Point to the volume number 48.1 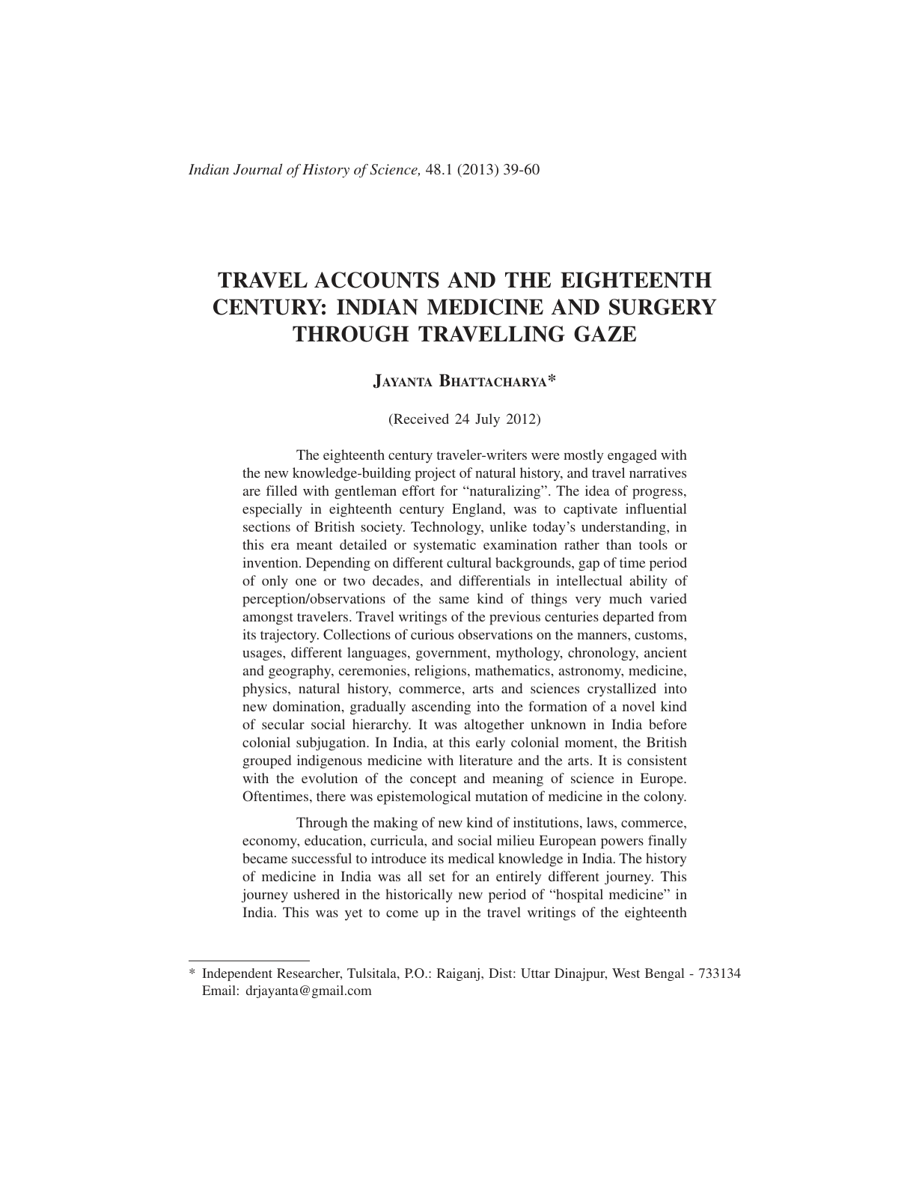pyautogui.click(x=438, y=169)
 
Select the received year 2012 pyautogui.click(x=522, y=419)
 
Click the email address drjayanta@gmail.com pyautogui.click(x=308, y=991)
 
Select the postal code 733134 pyautogui.click(x=719, y=973)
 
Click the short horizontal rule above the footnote pyautogui.click(x=248, y=959)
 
